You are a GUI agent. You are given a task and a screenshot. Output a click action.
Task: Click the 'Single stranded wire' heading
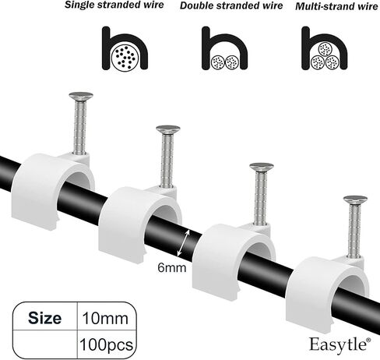point(114,5)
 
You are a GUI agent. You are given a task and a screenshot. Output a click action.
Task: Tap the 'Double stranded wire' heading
point(231,5)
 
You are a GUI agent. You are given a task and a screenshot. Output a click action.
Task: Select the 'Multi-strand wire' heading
point(336,6)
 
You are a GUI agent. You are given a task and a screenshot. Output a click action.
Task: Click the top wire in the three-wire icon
point(325,49)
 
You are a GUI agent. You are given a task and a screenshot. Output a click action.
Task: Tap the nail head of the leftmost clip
point(81,96)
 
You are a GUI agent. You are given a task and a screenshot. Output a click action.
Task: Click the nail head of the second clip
point(168,129)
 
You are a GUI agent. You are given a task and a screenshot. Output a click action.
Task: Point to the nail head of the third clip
point(262,168)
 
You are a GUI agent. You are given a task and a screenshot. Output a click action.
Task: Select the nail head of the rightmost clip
point(355,200)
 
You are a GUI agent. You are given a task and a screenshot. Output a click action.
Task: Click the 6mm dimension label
point(172,267)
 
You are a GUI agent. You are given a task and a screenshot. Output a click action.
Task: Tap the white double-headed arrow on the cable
point(184,243)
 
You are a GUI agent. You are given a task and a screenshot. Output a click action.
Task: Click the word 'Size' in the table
point(44,318)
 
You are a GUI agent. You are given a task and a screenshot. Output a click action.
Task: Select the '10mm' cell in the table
point(105,318)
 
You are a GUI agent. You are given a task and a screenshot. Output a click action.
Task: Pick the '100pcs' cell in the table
point(106,345)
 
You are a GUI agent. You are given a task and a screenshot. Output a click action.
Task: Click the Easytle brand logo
point(340,345)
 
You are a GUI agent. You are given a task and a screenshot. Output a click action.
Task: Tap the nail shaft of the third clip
point(261,199)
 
